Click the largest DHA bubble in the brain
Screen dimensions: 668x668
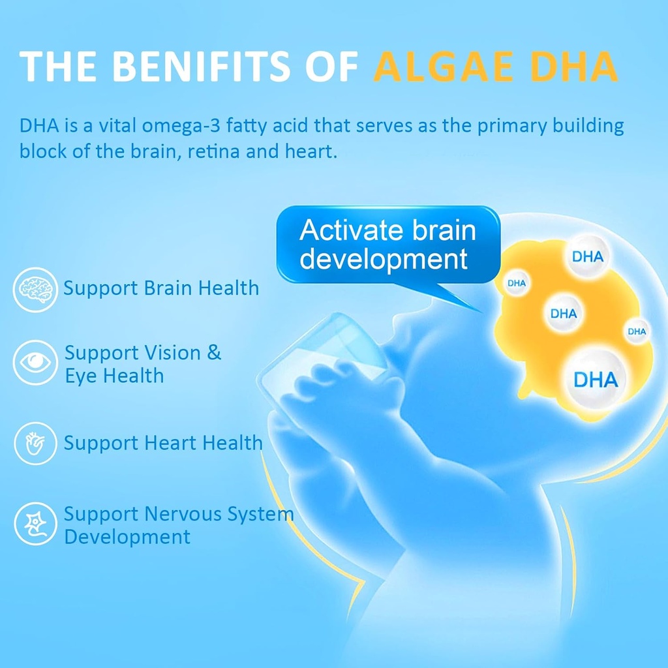(x=594, y=378)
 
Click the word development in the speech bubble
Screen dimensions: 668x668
(x=384, y=259)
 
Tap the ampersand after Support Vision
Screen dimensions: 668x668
(x=214, y=353)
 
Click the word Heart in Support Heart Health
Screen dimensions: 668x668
(x=170, y=444)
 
